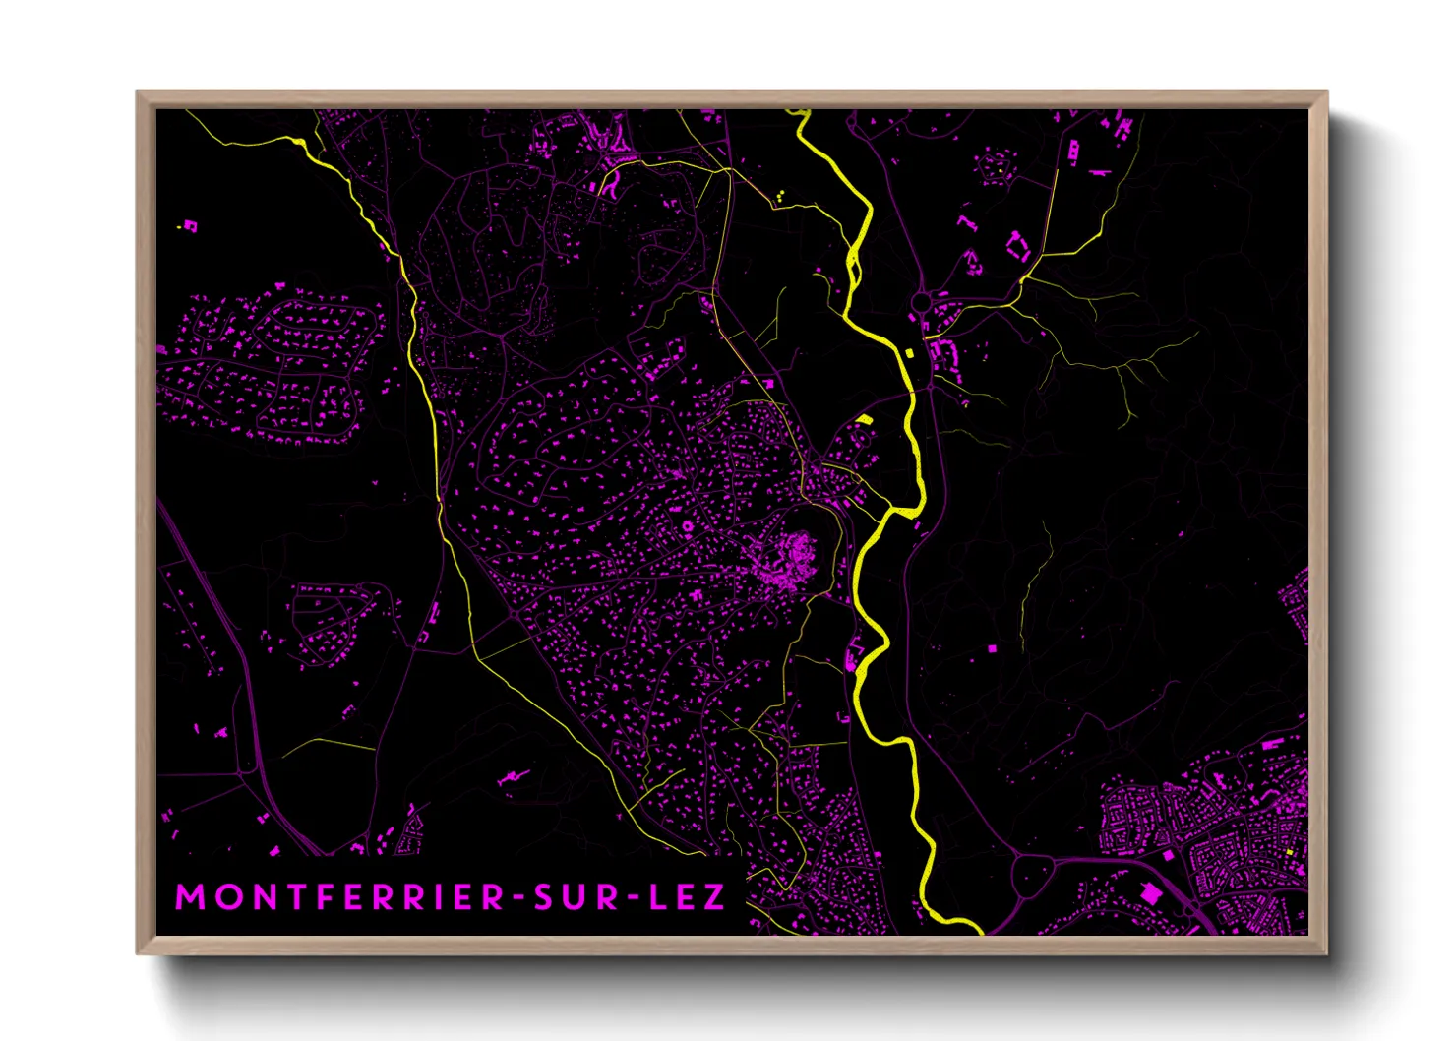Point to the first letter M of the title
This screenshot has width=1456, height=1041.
pyautogui.click(x=187, y=897)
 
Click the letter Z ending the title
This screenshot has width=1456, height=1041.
pyautogui.click(x=715, y=897)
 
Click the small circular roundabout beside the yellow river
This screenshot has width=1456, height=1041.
pyautogui.click(x=922, y=300)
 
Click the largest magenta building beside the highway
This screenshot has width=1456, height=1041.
pyautogui.click(x=1148, y=892)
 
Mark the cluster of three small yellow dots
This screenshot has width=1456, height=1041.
pyautogui.click(x=780, y=196)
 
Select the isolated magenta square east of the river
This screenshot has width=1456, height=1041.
pyautogui.click(x=992, y=648)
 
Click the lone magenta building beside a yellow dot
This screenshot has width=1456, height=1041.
pyautogui.click(x=190, y=226)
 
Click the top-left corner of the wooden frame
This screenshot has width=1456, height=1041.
pyautogui.click(x=138, y=92)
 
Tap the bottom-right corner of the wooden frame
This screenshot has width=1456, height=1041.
pyautogui.click(x=1326, y=952)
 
